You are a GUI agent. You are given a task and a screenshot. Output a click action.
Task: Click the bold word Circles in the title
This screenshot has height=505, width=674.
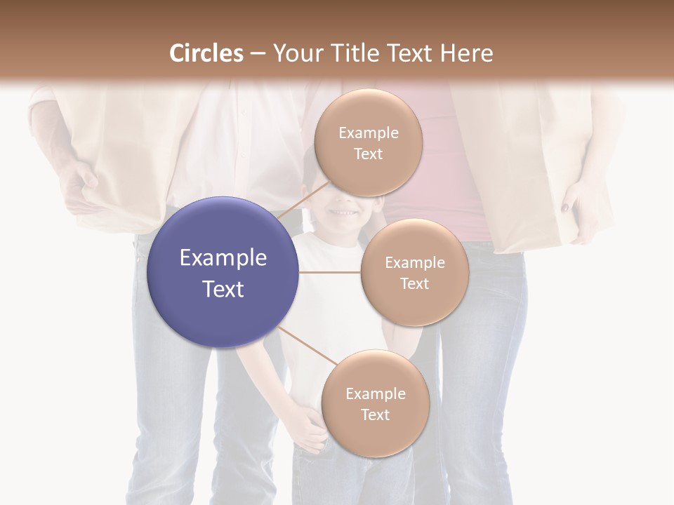[x=206, y=53]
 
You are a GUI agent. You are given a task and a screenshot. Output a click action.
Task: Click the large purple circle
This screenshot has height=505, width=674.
[x=223, y=271]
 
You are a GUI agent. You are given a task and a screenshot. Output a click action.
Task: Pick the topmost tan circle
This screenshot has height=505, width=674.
[x=368, y=142]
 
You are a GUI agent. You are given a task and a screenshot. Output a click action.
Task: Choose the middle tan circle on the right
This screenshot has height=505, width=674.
[x=414, y=272]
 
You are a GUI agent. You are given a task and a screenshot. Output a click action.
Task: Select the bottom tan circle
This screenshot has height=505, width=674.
[x=375, y=403]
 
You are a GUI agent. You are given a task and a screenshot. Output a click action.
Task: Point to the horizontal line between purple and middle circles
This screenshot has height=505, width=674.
[x=329, y=272]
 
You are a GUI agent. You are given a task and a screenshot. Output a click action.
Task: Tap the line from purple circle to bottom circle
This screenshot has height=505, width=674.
[x=305, y=344]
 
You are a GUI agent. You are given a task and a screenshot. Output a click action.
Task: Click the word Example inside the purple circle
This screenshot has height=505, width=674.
[x=223, y=257]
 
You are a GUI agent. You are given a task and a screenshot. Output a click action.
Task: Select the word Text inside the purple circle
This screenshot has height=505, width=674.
[x=223, y=288]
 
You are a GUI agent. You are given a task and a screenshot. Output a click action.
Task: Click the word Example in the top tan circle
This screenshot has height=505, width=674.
[x=368, y=133]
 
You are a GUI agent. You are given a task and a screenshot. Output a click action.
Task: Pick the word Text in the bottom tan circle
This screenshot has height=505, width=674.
[x=375, y=415]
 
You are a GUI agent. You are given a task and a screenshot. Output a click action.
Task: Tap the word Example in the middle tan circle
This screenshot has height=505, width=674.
[x=414, y=262]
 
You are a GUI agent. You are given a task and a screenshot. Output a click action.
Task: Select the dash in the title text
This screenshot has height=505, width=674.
[x=257, y=54]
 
